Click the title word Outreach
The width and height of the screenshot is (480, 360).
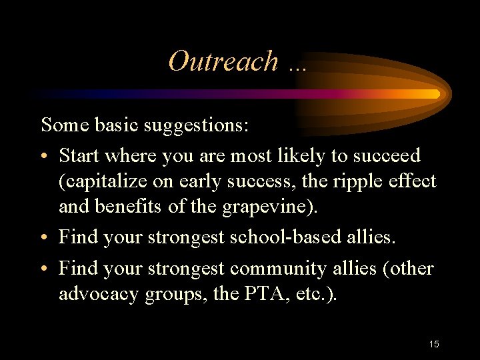tap(223, 61)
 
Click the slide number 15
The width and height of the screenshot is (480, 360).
tap(434, 344)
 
